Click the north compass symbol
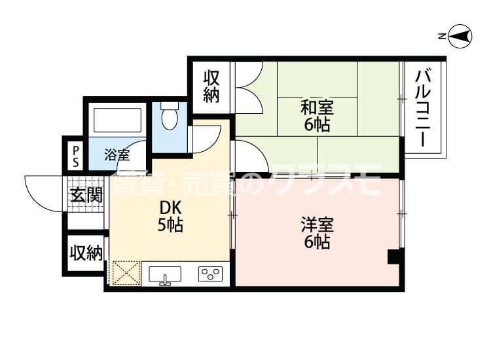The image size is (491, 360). pos(460,37)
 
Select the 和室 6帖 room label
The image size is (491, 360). pos(317,115)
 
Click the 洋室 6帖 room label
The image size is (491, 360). pos(318,233)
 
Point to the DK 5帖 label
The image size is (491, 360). pos(170,216)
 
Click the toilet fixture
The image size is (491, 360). pos(170,115)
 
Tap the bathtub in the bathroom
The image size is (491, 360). pos(117,120)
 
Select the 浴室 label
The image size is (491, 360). pos(117,155)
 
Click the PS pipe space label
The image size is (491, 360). pos(75,157)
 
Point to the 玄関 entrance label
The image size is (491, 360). pos(86,195)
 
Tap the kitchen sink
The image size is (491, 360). pos(165,275)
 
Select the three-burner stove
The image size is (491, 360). pos(210,274)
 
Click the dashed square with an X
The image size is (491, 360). pos(126,273)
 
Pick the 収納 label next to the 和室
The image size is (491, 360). pos(211,86)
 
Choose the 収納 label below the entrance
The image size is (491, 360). pos(86,253)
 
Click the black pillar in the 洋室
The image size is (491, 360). pos(394,257)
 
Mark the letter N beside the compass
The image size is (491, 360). pos(442,37)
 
